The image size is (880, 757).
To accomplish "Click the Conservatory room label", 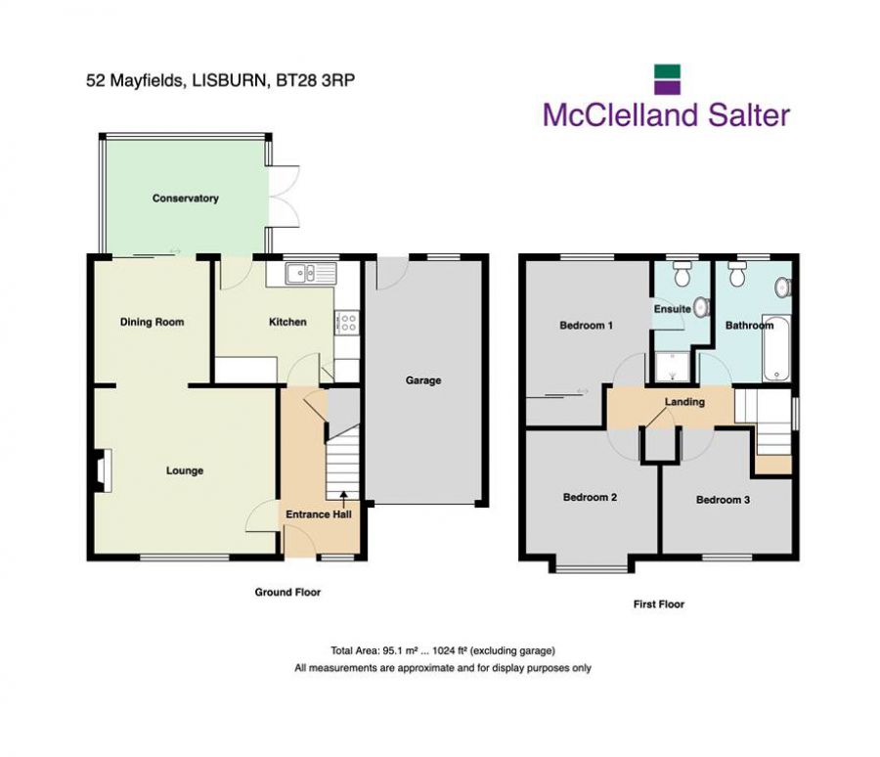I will (x=185, y=199).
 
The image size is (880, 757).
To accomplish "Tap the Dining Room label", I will (x=152, y=322).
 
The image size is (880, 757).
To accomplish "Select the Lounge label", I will (x=185, y=470).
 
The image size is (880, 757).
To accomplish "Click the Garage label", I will (x=423, y=380).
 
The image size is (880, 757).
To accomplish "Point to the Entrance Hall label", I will (x=319, y=514).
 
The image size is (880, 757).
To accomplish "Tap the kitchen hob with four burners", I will (x=346, y=323).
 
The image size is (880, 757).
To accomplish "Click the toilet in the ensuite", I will (x=683, y=271).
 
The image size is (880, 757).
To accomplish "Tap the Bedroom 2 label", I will (x=590, y=497).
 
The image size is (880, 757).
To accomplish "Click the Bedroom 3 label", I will (x=723, y=500).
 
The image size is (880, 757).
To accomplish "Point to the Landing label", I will (x=684, y=402).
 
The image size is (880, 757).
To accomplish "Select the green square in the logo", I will (x=667, y=71).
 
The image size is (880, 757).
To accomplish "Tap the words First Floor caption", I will (x=658, y=604).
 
